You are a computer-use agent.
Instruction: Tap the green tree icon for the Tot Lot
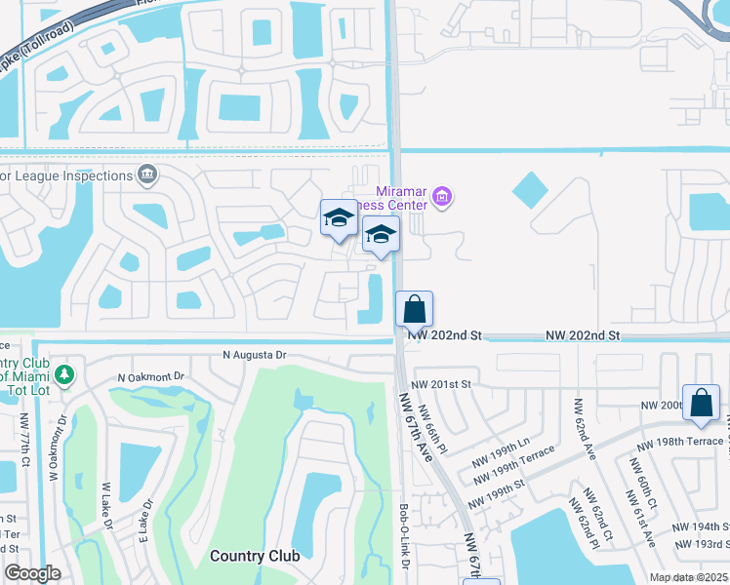[x=64, y=374]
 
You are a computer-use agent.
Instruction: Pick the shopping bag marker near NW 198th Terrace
[x=701, y=403]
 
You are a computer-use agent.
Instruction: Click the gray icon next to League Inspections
[x=147, y=175]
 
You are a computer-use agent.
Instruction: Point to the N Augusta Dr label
[x=254, y=356]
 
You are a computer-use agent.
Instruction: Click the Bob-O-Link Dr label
[x=403, y=537]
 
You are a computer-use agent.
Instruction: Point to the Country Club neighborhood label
[x=251, y=556]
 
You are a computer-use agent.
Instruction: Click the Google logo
[x=33, y=573]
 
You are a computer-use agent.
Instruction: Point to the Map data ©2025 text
[x=688, y=577]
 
